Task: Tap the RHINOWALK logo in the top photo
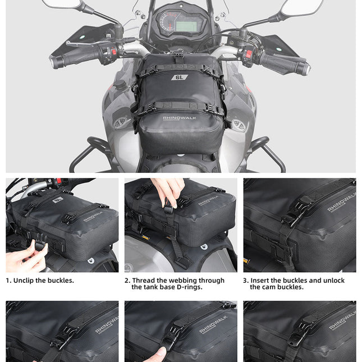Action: tap(180, 118)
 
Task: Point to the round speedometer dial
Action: tap(166, 22)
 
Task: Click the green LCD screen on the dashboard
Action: tap(186, 26)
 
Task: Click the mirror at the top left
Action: tap(61, 4)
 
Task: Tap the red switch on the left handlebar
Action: tap(114, 51)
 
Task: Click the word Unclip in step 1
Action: tap(27, 281)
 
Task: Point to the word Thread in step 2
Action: tap(144, 281)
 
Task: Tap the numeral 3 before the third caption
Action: tap(245, 281)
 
